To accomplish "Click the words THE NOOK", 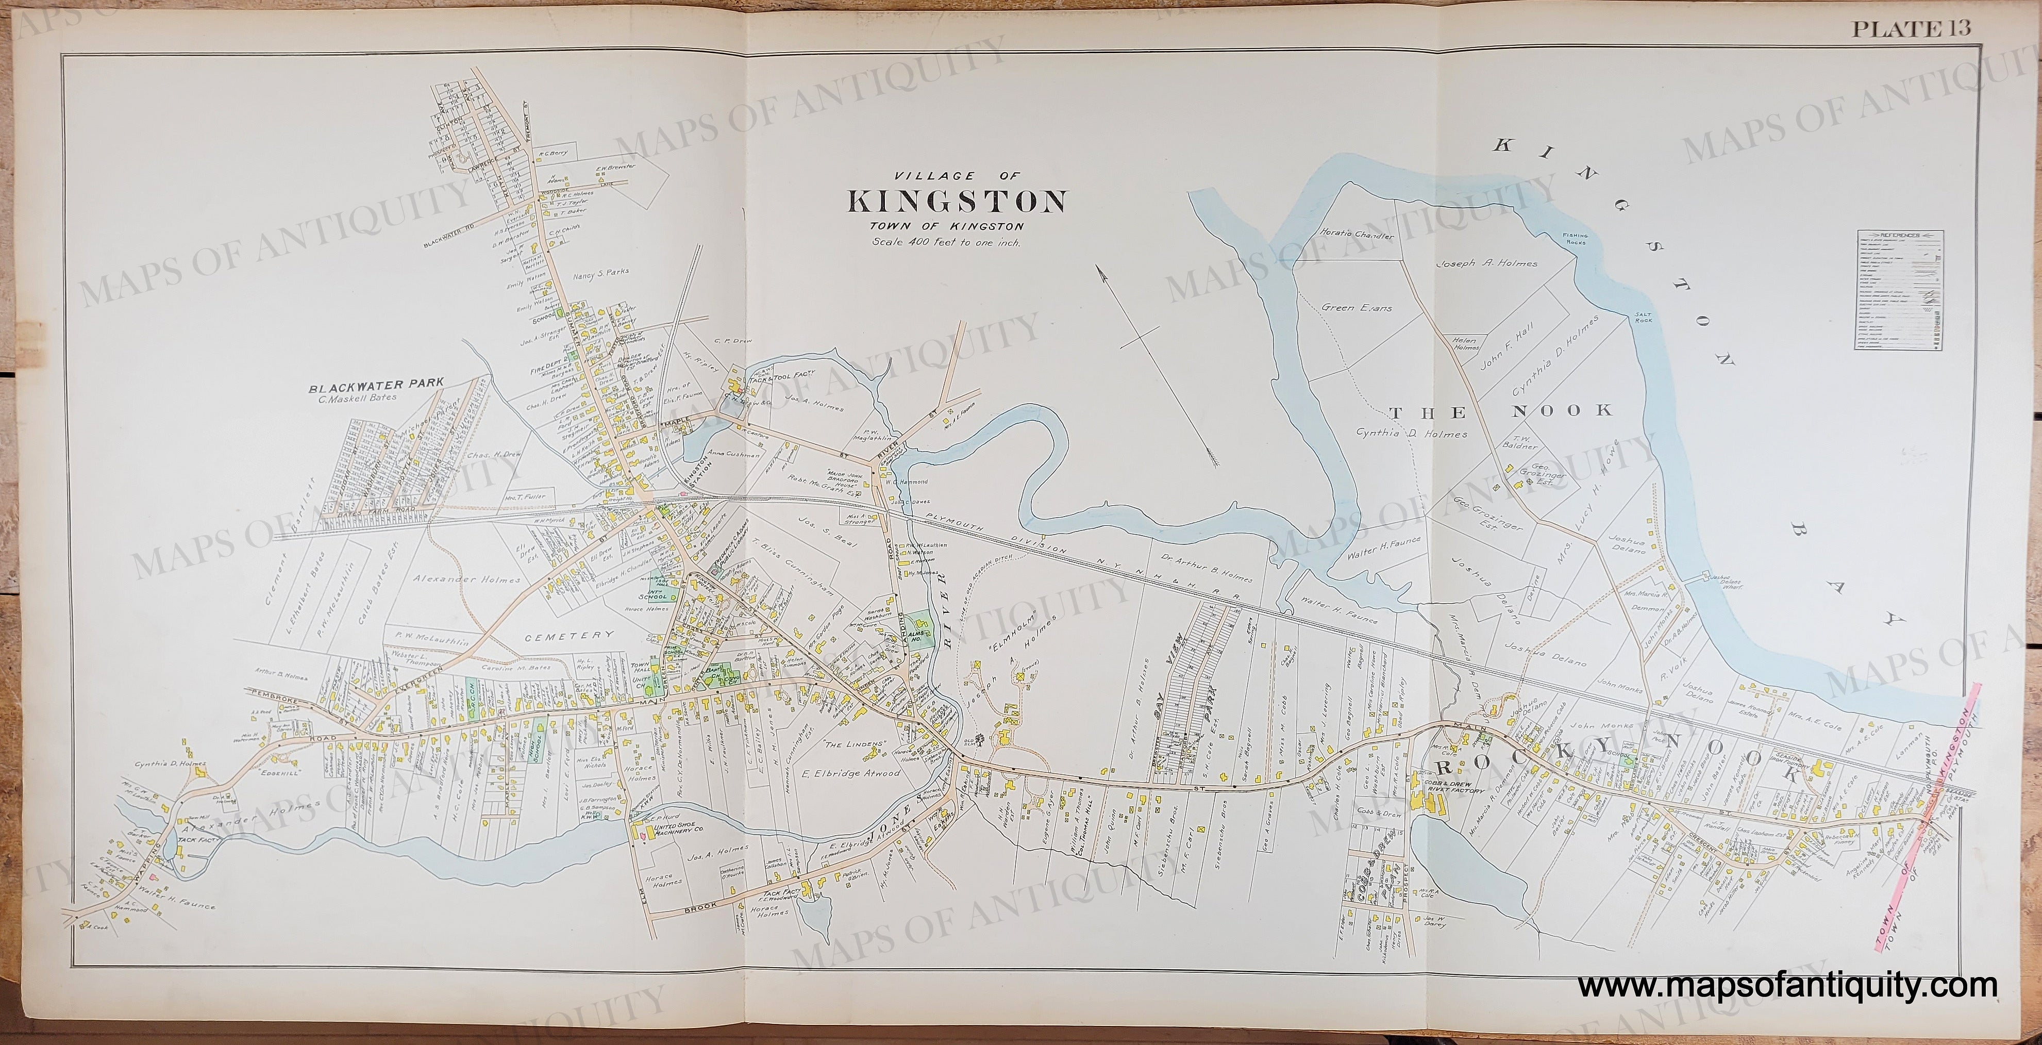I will coord(1501,410).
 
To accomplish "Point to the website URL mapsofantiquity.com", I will coord(1787,986).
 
